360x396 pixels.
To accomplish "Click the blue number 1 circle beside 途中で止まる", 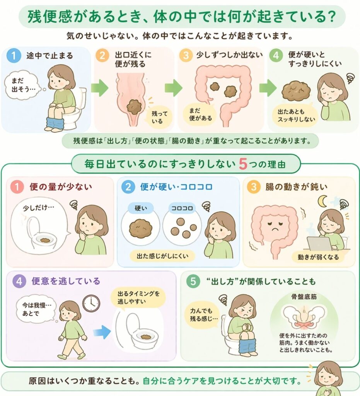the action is [x=14, y=55].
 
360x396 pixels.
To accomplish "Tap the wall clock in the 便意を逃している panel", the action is [x=91, y=303].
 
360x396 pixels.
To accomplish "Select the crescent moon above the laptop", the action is [x=322, y=201].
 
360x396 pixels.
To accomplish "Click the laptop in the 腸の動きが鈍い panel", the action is [x=319, y=244].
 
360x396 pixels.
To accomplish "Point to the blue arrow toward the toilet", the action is [x=102, y=332].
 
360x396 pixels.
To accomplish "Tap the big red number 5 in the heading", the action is [x=243, y=164].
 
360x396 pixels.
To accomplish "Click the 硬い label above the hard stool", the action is [x=141, y=208].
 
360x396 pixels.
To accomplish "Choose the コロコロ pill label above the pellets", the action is [x=182, y=208].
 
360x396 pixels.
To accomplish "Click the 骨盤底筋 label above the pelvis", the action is [x=304, y=297].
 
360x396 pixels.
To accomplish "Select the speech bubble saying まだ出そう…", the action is [x=21, y=85].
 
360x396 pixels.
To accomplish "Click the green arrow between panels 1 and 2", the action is [x=100, y=88].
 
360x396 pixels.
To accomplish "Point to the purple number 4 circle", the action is [x=19, y=281].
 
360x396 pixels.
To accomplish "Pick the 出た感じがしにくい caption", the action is [x=162, y=256].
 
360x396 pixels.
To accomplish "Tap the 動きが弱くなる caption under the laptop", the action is [x=318, y=257].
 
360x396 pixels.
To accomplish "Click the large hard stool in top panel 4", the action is [x=296, y=90].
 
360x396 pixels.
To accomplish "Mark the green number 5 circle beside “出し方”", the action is [x=193, y=281].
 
